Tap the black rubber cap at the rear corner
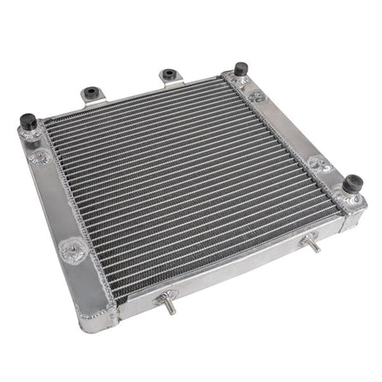tap(241, 70)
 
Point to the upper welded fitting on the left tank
tap(37, 157)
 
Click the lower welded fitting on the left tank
tap(73, 247)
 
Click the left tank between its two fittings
tap(56, 202)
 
